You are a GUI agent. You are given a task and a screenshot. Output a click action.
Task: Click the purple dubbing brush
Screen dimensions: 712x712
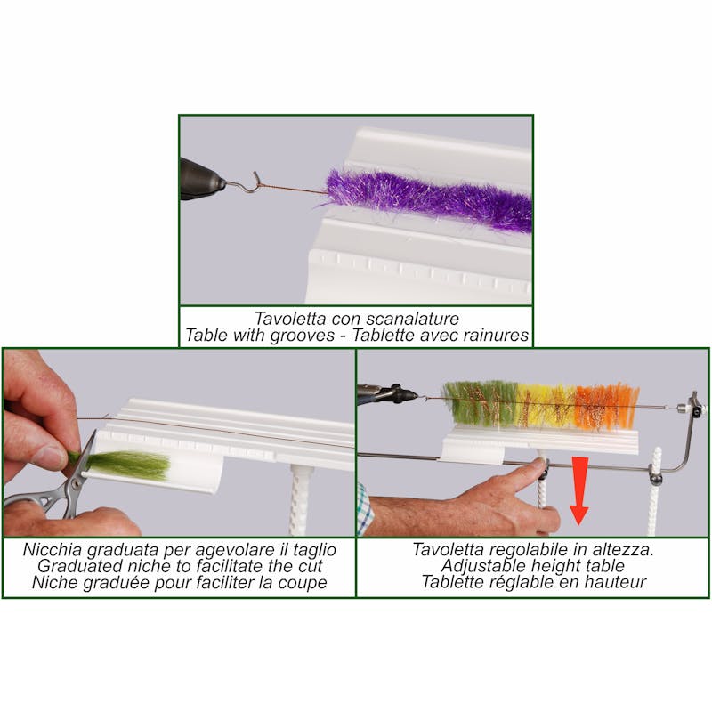pyautogui.click(x=427, y=200)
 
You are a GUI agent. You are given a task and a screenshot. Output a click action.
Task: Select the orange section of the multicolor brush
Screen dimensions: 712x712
pyautogui.click(x=605, y=405)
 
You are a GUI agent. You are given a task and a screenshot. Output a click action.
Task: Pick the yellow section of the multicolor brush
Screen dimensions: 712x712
pyautogui.click(x=543, y=405)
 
